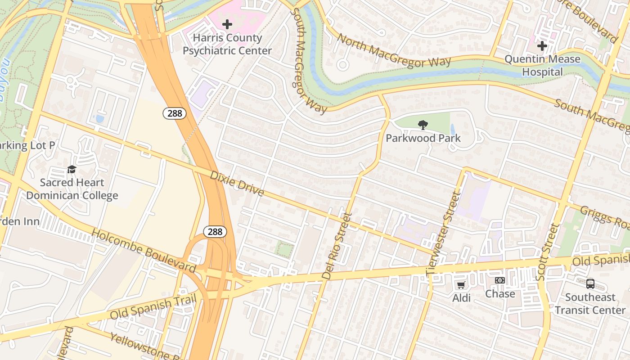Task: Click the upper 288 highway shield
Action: tap(175, 113)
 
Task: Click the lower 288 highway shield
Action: tap(215, 232)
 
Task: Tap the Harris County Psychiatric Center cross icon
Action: tap(227, 24)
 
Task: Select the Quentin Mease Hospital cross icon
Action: tap(542, 45)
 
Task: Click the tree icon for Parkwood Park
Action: tap(423, 125)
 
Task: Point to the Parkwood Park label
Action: tap(423, 138)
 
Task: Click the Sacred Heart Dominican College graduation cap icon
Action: tap(72, 170)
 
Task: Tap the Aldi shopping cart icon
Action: tap(461, 285)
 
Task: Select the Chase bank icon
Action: tap(499, 280)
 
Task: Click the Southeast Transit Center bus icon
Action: tap(590, 284)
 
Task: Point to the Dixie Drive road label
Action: tap(237, 183)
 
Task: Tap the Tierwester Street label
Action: tap(443, 234)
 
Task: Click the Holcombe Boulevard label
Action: tap(144, 251)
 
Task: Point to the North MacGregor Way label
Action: tap(394, 51)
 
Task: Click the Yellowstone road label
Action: tap(142, 347)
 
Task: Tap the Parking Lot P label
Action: tap(27, 145)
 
